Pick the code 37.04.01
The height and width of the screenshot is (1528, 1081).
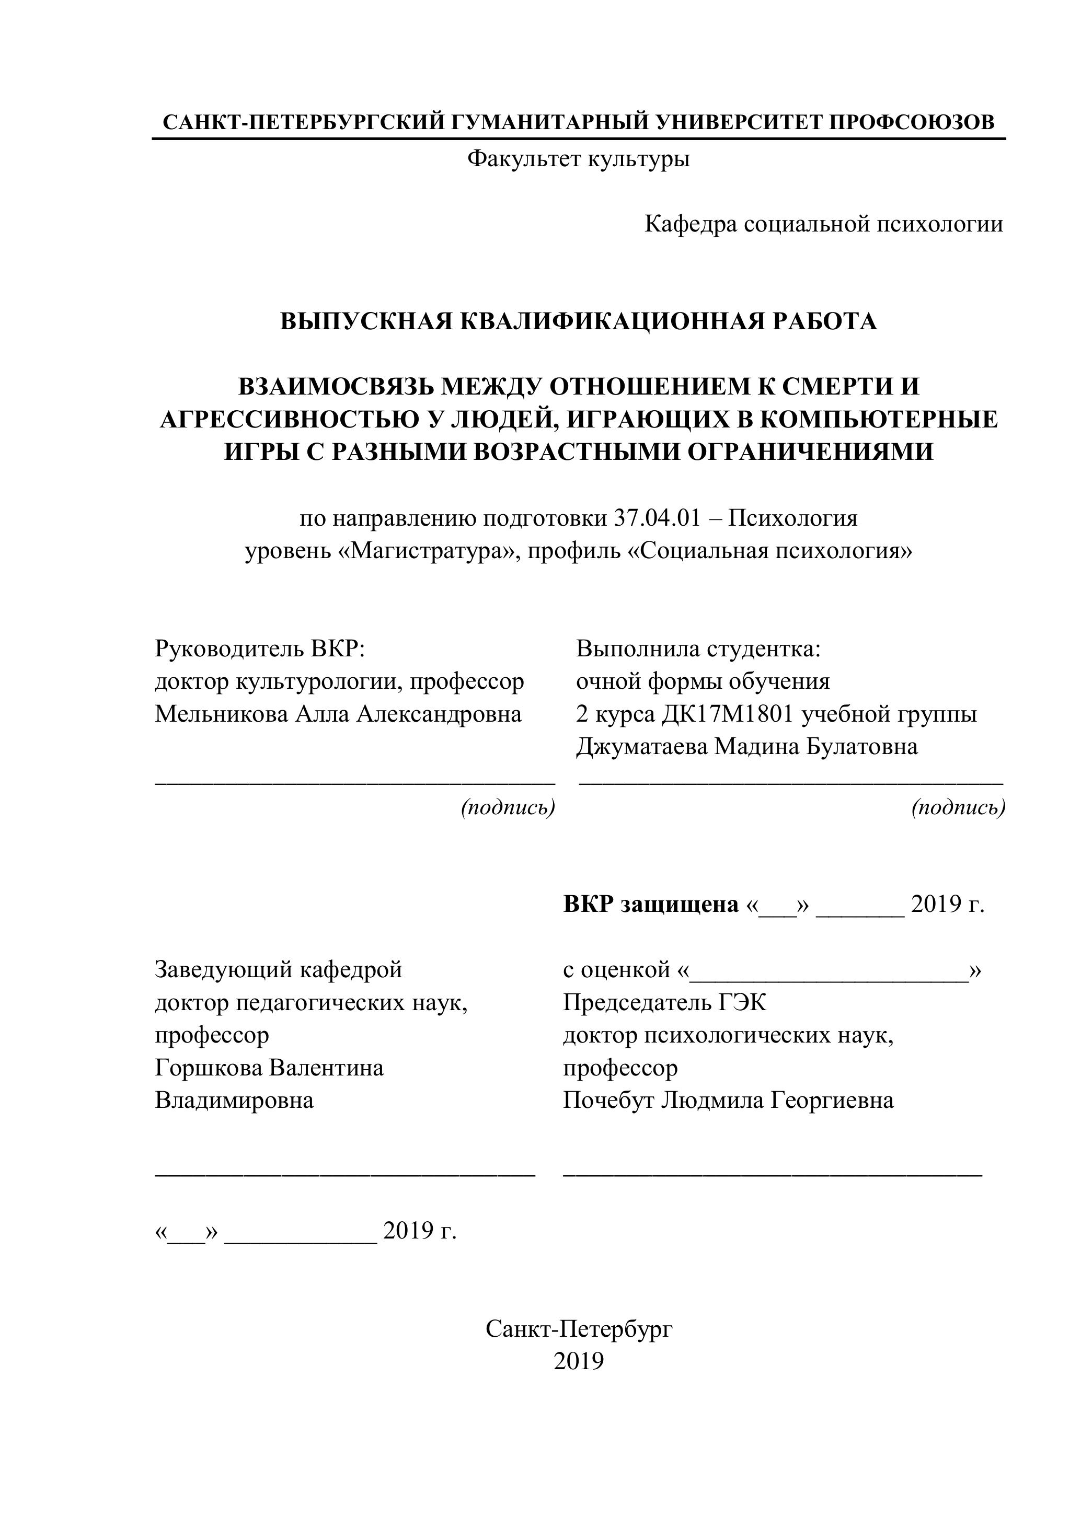[657, 518]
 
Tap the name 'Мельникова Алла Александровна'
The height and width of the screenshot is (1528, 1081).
[338, 713]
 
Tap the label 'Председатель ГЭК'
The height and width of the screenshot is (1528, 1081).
[664, 1002]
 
